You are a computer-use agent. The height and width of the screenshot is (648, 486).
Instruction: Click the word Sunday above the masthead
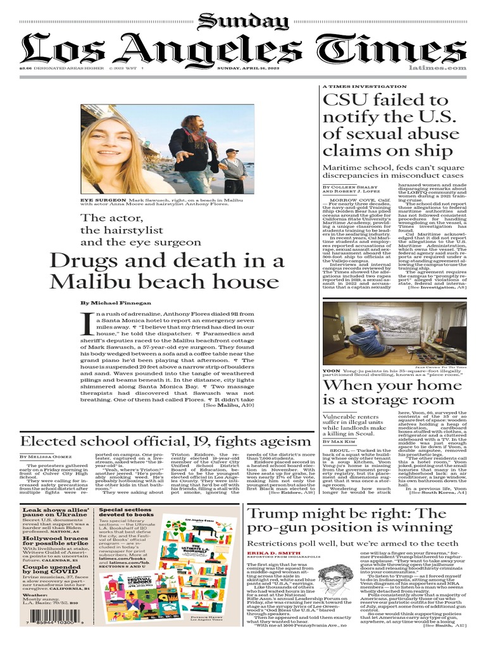click(x=242, y=22)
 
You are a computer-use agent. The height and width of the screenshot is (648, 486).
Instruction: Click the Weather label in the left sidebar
click(x=34, y=595)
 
